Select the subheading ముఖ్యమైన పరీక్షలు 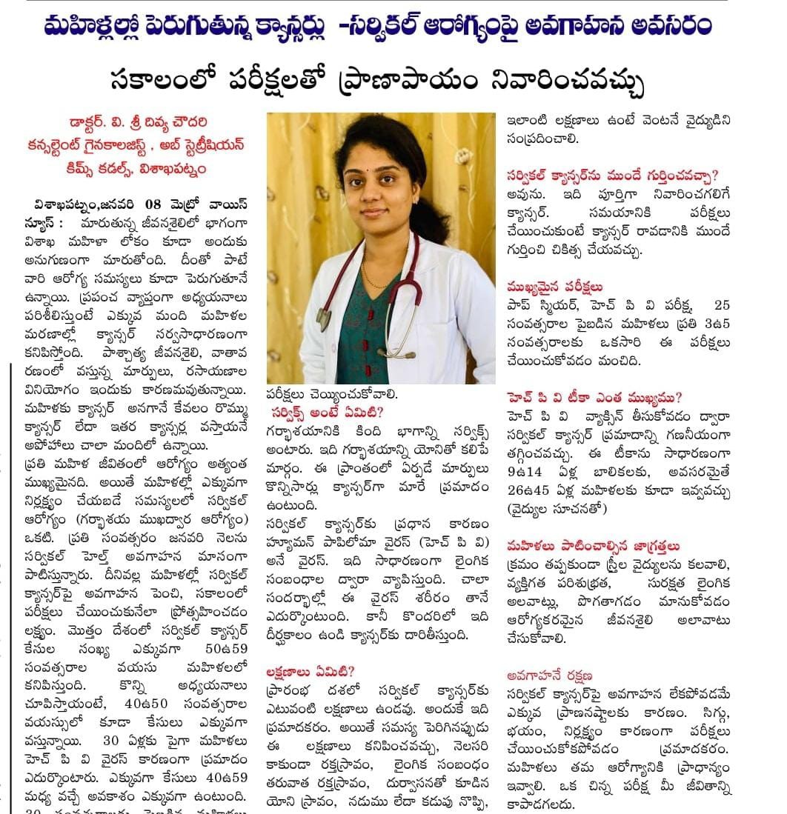point(554,286)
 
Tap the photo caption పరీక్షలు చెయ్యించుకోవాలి point(332,393)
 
